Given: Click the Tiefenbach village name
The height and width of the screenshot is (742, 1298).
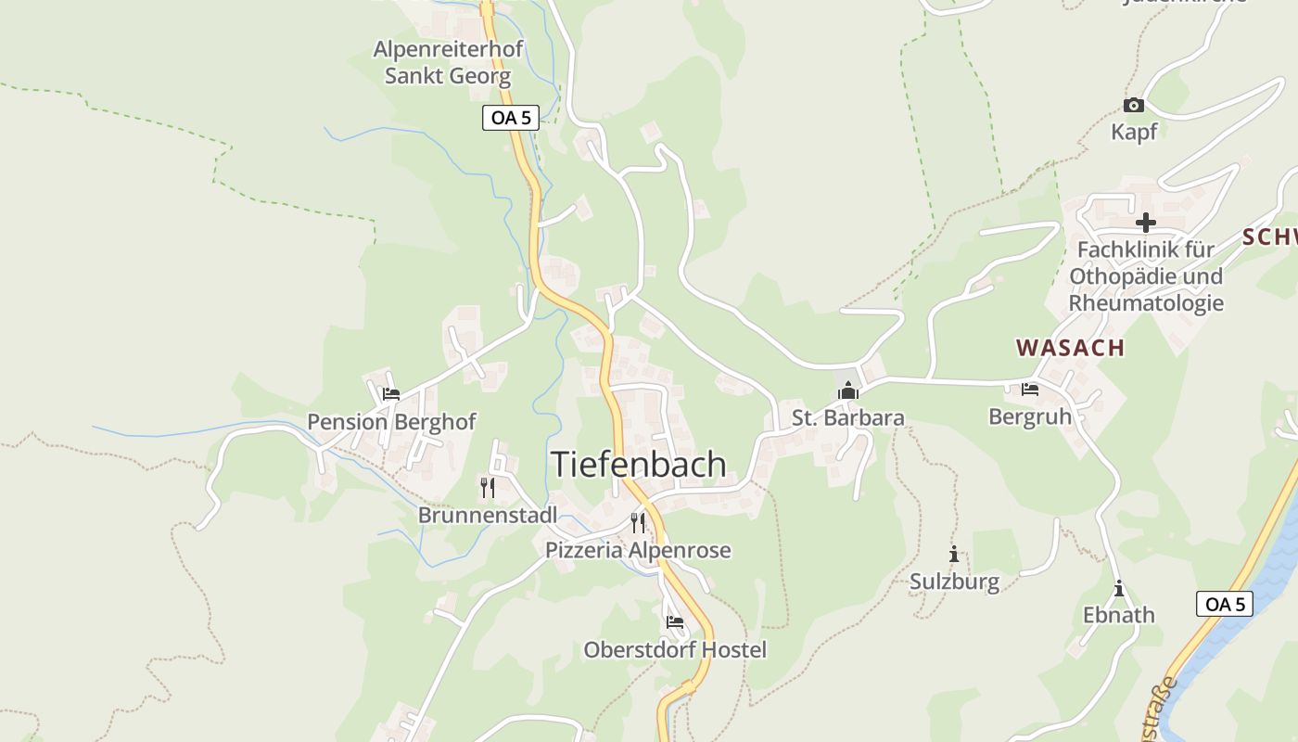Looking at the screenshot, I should pos(639,464).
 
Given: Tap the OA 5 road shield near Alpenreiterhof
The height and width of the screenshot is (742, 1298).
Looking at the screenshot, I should pos(510,118).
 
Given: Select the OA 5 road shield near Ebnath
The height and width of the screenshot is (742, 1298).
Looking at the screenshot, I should pos(1224,604).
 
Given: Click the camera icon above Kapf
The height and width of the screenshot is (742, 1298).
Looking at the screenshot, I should pos(1133,106).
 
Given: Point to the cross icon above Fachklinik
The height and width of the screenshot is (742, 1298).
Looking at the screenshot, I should pos(1146,223).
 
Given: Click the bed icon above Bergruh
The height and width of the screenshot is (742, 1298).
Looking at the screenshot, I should pos(1029,390).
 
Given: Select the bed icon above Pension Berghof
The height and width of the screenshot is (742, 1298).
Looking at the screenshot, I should pos(390,394).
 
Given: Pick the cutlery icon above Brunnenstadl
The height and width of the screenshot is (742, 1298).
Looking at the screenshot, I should pos(487,487).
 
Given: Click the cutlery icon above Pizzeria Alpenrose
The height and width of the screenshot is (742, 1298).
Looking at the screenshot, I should pos(637,522).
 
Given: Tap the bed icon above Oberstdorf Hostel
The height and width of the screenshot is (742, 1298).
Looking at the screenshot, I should pos(674,621).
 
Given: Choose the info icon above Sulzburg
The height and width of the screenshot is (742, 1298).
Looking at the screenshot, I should pos(953,555).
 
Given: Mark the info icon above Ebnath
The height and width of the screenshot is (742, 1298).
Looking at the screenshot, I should pos(1119,588).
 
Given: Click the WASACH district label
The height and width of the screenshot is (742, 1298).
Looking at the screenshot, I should pos(1070,348).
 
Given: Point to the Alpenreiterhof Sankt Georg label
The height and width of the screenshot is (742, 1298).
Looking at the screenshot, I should pos(448,62).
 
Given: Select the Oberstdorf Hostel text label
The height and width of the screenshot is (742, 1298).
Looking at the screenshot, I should pos(674,649).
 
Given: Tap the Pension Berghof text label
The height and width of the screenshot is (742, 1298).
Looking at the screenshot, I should pos(390,422).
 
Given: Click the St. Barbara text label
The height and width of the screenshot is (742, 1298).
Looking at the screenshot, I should pos(847,418).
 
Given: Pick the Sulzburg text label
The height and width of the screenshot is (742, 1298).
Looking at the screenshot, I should pos(953,582).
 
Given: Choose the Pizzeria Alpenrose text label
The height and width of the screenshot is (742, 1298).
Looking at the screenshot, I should pos(637,550).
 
